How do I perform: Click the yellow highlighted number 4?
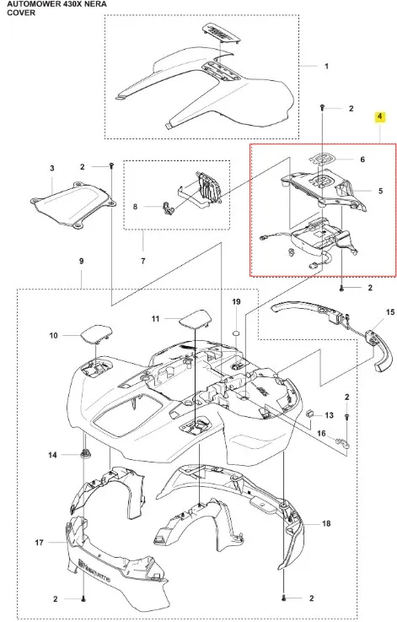[380, 116]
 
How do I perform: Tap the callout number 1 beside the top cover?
[326, 66]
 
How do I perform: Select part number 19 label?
[236, 302]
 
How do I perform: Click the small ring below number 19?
[236, 332]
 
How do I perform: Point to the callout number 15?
[390, 312]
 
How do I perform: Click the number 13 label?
[330, 415]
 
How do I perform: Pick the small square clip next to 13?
[311, 414]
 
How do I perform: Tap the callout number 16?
[321, 433]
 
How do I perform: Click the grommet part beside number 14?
[84, 453]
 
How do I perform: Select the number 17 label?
[39, 543]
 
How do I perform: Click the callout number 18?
[326, 523]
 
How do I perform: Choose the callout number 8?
[135, 207]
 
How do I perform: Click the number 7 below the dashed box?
[143, 261]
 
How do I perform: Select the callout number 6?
[362, 160]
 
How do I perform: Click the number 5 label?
[381, 191]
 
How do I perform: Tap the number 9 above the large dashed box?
[81, 261]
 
